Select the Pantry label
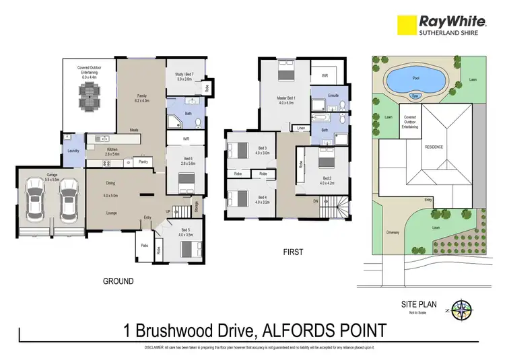click(x=143, y=161)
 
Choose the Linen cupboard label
click(x=300, y=127)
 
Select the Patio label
click(x=143, y=246)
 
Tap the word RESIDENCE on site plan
click(x=433, y=146)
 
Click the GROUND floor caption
click(x=119, y=281)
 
